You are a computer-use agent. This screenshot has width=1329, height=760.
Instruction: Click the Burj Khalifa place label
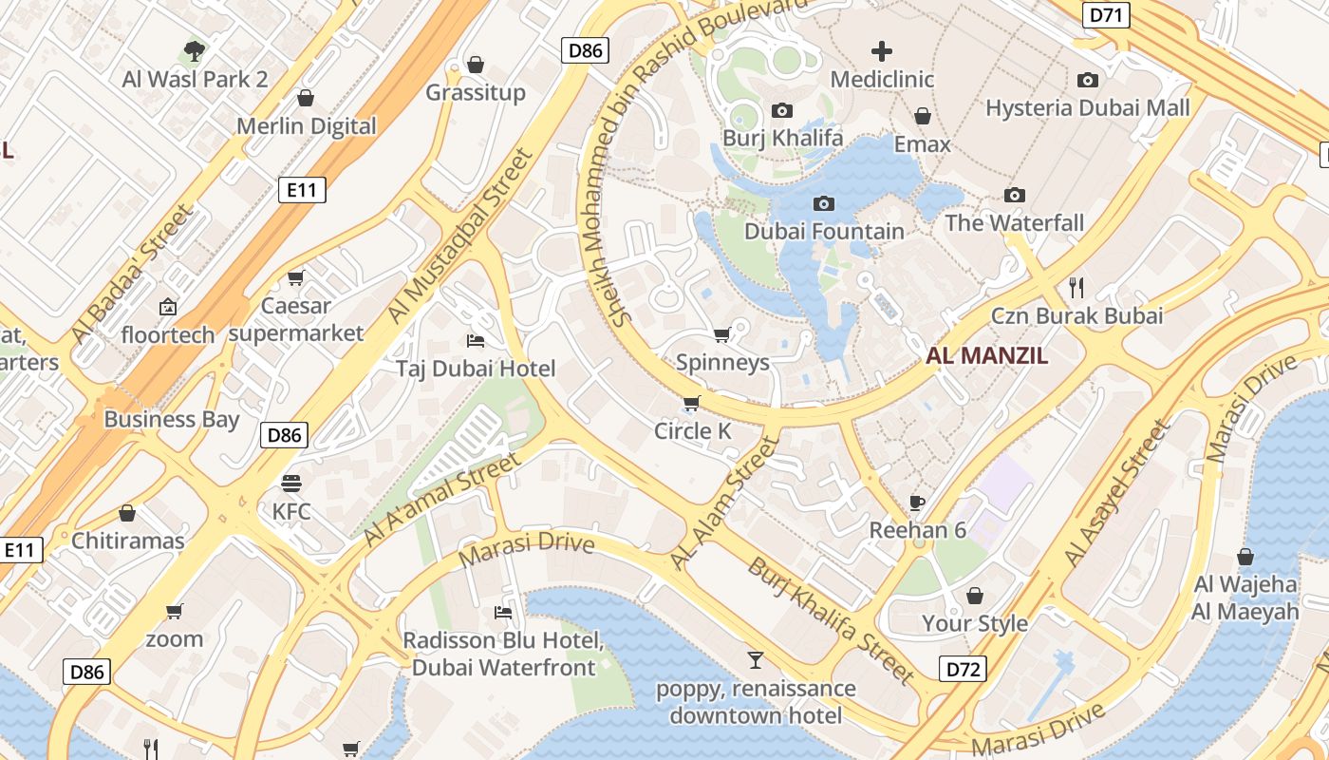tap(783, 138)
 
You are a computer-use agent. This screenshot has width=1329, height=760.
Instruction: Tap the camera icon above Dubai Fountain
tap(824, 203)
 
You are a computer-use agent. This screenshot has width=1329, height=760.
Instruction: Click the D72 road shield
tap(964, 669)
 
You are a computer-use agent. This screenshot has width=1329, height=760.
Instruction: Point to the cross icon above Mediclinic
tap(882, 50)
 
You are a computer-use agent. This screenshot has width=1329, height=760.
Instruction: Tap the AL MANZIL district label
tap(987, 356)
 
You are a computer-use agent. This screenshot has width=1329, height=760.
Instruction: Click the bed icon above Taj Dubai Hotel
tap(476, 340)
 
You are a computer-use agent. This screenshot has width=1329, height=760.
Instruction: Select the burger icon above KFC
tap(290, 483)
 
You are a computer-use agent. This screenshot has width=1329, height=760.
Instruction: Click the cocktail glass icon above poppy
tap(756, 660)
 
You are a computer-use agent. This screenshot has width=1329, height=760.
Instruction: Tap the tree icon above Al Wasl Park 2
tap(195, 49)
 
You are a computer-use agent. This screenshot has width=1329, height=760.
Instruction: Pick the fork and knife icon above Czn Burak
tap(1076, 286)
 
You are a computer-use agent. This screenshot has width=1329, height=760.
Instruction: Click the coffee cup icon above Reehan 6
tap(917, 502)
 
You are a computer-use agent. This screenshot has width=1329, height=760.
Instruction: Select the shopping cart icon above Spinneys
tap(721, 334)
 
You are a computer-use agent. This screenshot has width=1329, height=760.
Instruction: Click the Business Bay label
tap(172, 419)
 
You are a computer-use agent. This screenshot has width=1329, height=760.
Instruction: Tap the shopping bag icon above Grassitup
tap(476, 65)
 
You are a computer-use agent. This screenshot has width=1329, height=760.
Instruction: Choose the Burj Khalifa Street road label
tap(831, 621)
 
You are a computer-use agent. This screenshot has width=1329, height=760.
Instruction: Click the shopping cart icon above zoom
tap(174, 611)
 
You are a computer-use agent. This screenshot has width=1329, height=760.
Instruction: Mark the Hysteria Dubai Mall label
tap(1087, 107)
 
